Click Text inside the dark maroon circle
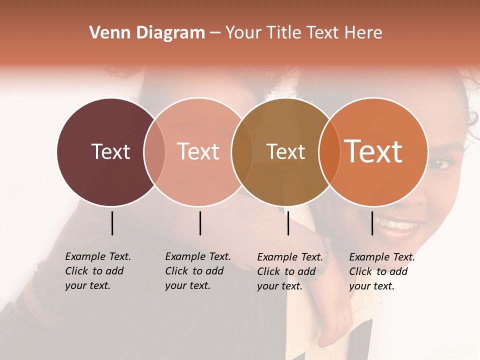pyautogui.click(x=110, y=151)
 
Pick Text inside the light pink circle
pyautogui.click(x=198, y=151)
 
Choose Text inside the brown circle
pyautogui.click(x=285, y=151)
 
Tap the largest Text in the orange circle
pyautogui.click(x=373, y=151)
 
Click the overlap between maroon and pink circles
pyautogui.click(x=154, y=152)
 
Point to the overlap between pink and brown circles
pyautogui.click(x=241, y=152)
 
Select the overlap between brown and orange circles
pyautogui.click(x=329, y=152)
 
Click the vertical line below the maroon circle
pyautogui.click(x=112, y=223)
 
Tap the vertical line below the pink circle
pyautogui.click(x=200, y=223)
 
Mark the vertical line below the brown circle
pyautogui.click(x=288, y=223)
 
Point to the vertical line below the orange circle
pyautogui.click(x=372, y=223)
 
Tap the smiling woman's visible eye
pyautogui.click(x=442, y=163)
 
